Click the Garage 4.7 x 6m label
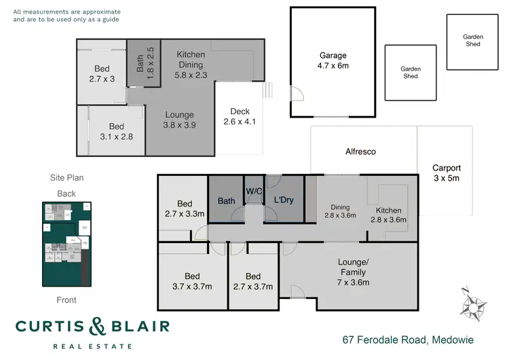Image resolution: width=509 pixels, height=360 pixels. point(333,61)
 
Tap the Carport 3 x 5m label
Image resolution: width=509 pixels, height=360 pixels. point(447,173)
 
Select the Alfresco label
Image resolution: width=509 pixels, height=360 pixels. point(360,152)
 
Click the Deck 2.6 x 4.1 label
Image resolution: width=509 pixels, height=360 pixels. point(240,117)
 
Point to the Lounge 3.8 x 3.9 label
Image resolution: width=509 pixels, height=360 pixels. point(179,120)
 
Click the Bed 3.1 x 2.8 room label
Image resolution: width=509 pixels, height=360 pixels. point(117,131)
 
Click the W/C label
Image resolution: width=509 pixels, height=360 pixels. point(254,191)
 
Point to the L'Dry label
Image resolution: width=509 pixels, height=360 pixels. point(283,201)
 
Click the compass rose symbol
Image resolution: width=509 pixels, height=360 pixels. point(473,304)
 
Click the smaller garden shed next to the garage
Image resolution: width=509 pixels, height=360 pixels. point(410,73)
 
